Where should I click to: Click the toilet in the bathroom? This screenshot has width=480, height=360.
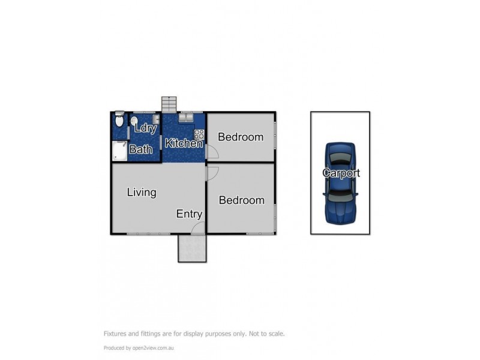119,121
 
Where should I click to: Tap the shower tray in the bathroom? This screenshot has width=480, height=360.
120,151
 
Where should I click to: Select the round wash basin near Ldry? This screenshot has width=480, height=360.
134,120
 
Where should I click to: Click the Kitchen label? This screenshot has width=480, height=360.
183,143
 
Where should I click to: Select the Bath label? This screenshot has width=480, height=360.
141,149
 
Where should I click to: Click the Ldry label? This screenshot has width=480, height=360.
146,128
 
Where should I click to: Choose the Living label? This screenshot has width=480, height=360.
142,193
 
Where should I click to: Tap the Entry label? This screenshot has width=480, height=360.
189,214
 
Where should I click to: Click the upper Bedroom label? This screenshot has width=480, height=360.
240,137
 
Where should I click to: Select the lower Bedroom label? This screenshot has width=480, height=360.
241,200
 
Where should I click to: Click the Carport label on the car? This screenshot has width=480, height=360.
341,173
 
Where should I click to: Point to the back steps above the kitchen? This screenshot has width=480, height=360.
169,104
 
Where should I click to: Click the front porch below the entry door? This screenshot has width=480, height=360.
191,248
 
